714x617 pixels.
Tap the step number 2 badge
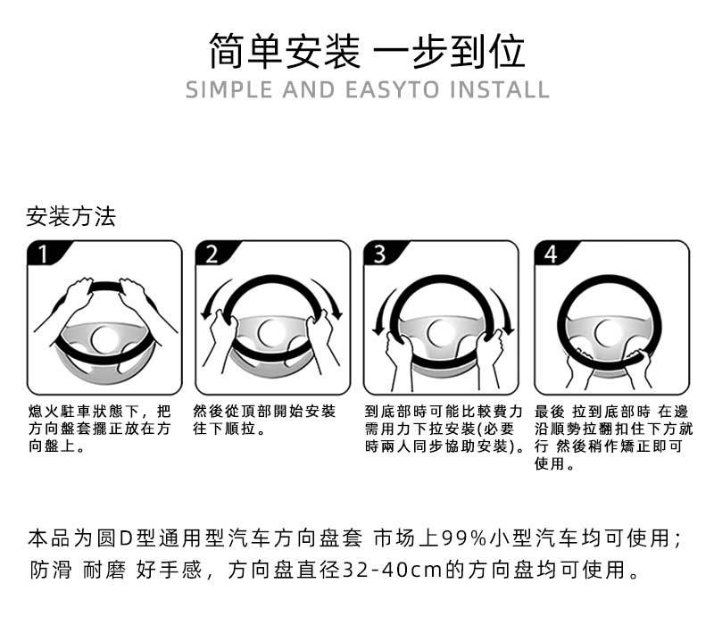click(x=212, y=254)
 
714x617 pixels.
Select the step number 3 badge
click(x=379, y=254)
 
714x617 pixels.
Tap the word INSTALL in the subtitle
click(x=499, y=90)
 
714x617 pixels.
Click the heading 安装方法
click(x=71, y=217)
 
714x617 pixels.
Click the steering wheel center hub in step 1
click(x=105, y=338)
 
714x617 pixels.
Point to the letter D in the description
click(x=126, y=538)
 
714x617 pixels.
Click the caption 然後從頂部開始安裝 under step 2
click(x=265, y=412)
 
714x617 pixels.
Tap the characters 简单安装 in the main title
click(x=284, y=51)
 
